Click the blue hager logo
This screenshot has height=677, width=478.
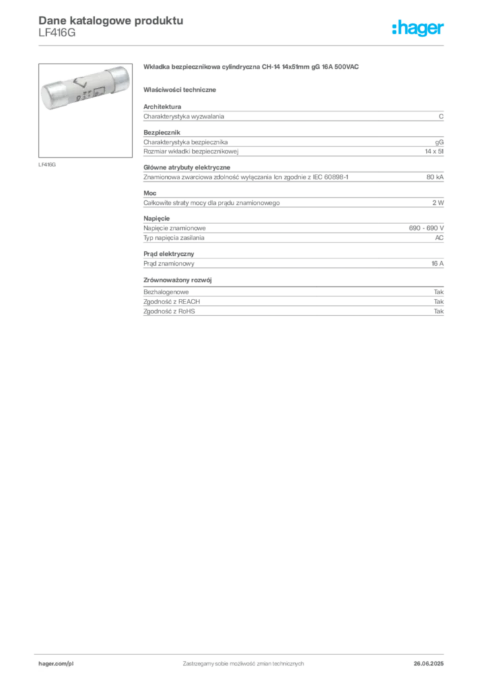point(419,28)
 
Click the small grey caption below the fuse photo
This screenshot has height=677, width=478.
point(48,164)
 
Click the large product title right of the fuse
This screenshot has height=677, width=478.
point(253,69)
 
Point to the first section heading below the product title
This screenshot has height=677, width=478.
point(182,89)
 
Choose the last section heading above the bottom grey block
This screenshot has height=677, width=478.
point(180,279)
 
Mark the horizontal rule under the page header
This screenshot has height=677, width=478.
point(242,44)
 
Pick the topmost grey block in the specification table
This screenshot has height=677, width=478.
point(292,116)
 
